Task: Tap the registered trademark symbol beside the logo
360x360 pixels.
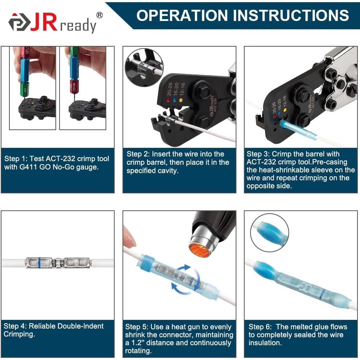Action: click(x=100, y=15)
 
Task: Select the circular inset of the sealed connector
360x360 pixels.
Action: click(x=269, y=232)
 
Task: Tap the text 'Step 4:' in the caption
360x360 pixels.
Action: click(x=15, y=326)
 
